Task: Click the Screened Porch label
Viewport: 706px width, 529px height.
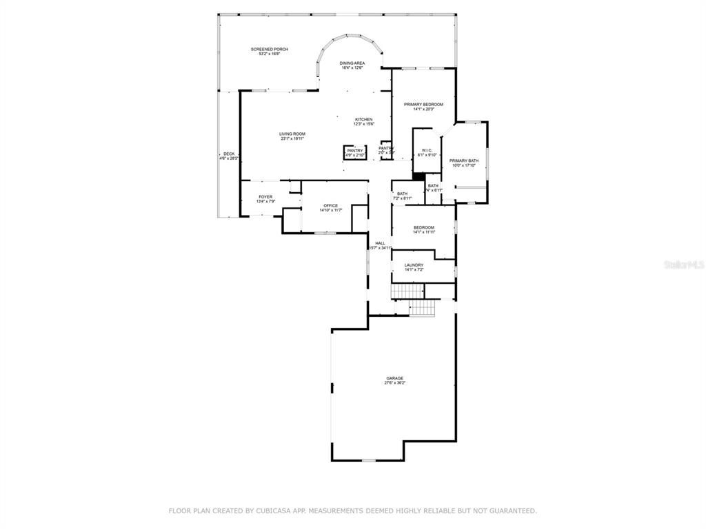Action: click(269, 50)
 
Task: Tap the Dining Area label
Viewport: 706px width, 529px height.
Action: click(352, 63)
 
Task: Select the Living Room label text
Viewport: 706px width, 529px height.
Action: click(292, 134)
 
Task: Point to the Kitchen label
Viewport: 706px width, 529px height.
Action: click(363, 119)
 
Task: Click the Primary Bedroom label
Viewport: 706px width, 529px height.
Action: click(423, 105)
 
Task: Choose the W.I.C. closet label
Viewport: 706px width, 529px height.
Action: click(427, 150)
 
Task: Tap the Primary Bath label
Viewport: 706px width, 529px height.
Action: click(464, 160)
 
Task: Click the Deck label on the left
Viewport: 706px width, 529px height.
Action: click(228, 154)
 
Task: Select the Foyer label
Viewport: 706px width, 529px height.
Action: click(265, 197)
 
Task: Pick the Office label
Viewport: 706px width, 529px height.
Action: click(331, 206)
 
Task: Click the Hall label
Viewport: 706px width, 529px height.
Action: click(380, 243)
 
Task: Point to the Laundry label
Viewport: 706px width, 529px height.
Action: click(414, 265)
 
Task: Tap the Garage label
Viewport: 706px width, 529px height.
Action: click(394, 378)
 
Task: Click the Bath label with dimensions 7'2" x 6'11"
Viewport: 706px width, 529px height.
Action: click(402, 194)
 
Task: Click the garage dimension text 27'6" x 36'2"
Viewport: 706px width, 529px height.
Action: click(394, 383)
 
